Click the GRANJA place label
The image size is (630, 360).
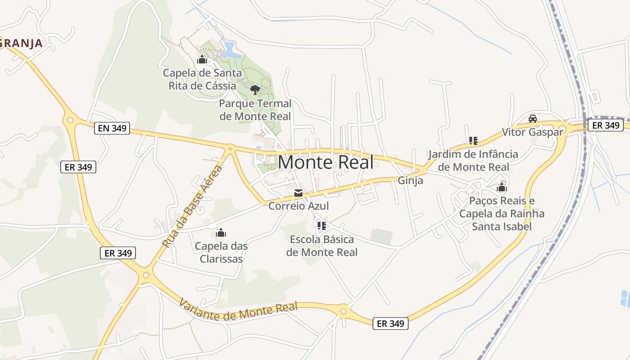(21, 43)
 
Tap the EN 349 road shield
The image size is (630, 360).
(112, 129)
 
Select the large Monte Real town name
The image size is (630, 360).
(326, 162)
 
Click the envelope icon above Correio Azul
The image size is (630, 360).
(298, 193)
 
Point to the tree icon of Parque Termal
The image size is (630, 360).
(255, 90)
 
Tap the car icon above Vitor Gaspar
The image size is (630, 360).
(533, 118)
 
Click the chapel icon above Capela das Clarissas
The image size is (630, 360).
(221, 233)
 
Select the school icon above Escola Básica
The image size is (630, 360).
(321, 225)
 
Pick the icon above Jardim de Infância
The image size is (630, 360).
(473, 141)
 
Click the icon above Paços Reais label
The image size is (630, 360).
(501, 187)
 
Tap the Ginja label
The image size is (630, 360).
(410, 180)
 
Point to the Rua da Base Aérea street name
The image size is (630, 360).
(192, 207)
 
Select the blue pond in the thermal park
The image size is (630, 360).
(230, 50)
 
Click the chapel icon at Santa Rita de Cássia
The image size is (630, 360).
(202, 59)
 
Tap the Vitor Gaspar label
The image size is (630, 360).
(532, 132)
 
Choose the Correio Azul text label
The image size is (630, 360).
(298, 206)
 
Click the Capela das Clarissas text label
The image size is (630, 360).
(221, 252)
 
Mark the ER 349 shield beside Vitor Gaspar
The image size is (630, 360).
(606, 125)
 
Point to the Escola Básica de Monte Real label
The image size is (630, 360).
(322, 246)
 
